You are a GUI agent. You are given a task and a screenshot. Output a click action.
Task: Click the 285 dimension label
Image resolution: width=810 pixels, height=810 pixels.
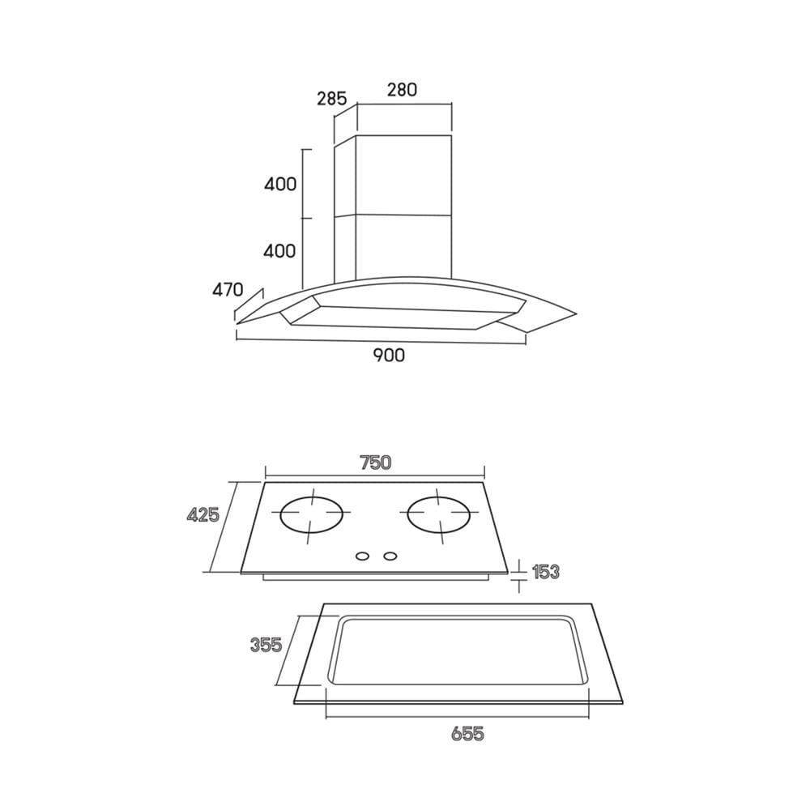331,98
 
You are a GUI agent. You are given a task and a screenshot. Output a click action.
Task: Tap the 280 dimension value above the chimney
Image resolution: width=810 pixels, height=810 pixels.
402,90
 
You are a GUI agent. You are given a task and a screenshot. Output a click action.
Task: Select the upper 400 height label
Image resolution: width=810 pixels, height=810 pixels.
280,184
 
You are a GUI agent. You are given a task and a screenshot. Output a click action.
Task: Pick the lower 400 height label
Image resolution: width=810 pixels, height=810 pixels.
280,251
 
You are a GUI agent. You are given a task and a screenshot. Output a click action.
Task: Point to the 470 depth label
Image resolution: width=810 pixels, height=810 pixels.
228,289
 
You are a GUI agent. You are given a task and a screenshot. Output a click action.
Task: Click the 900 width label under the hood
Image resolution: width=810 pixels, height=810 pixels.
389,356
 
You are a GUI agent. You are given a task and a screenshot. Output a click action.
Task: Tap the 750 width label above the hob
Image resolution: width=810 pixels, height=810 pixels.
376,463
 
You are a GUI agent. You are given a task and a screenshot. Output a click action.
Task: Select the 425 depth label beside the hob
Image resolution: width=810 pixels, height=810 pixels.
203,514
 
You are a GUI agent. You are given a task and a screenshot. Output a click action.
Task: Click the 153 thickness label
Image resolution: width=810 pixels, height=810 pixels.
545,572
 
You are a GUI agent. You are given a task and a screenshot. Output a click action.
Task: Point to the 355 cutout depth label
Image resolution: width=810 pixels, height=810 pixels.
266,645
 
